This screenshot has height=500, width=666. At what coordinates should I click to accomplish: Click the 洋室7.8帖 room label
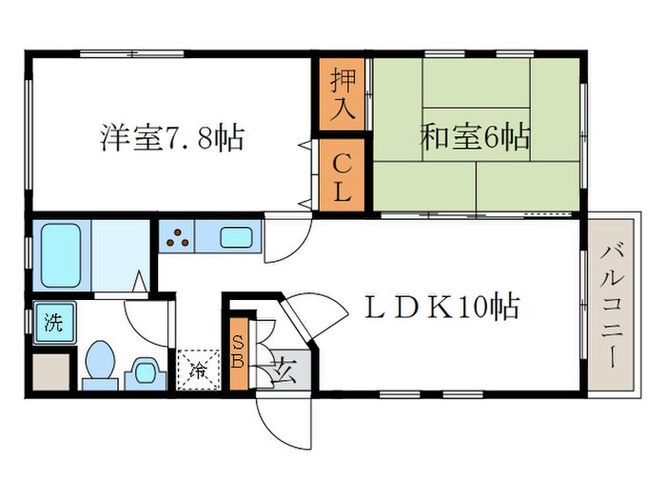click(x=171, y=138)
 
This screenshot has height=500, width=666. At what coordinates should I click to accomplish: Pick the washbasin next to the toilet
click(x=145, y=370)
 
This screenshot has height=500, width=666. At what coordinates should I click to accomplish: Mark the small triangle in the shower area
click(x=139, y=283)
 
